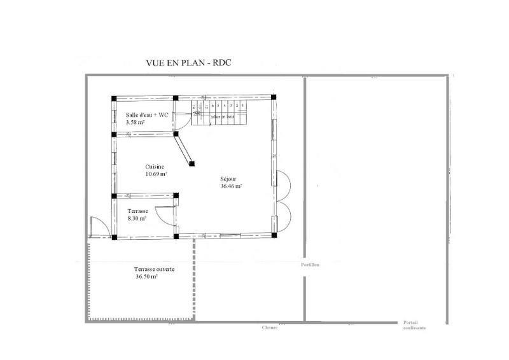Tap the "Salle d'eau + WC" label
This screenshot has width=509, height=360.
tap(147, 114)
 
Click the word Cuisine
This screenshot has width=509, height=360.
tap(155, 167)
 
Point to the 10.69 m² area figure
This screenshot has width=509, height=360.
tap(157, 174)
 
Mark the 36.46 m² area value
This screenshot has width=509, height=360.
tap(231, 187)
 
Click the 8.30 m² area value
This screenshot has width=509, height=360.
tap(137, 218)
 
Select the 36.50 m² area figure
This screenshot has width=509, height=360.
tap(146, 277)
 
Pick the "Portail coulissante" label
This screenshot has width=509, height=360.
tap(414, 325)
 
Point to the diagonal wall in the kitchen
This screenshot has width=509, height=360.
tap(185, 150)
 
